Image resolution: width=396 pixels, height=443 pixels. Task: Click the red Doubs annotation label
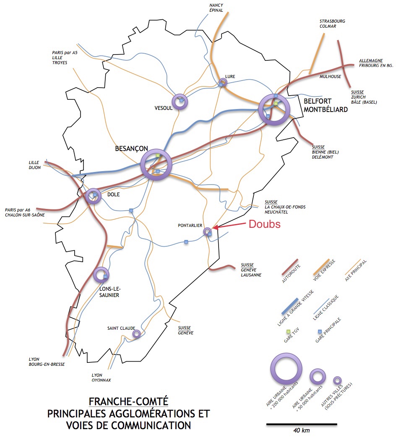coord(264,224)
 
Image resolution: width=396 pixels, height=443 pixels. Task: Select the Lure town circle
coord(226,82)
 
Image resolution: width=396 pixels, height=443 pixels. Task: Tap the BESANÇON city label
coord(131,149)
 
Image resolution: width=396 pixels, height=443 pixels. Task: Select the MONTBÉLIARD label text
coord(326,109)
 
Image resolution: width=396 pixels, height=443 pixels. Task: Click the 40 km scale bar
coord(302,424)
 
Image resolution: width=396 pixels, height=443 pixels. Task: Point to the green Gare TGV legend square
coord(288,331)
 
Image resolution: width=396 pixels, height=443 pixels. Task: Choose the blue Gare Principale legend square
coord(320,331)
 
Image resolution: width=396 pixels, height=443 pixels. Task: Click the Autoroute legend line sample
coord(290,267)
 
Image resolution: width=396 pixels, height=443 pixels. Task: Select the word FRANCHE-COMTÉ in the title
coord(128,401)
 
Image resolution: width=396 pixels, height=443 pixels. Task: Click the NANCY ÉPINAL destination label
coord(216,8)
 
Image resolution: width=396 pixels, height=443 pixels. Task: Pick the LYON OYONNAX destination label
coord(101,378)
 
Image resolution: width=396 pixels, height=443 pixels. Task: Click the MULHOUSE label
coord(330,76)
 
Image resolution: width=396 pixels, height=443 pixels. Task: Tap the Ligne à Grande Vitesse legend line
coord(290,306)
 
